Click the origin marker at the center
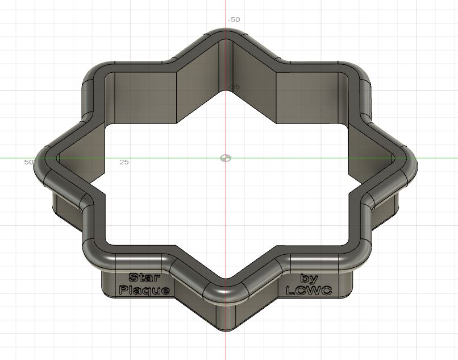point(226,158)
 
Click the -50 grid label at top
point(234,19)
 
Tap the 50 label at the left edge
point(28,162)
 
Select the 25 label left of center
point(124,162)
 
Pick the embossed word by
point(309,279)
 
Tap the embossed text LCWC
point(309,290)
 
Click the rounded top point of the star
point(226,35)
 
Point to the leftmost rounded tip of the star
point(43,163)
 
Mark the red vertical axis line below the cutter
point(226,344)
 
